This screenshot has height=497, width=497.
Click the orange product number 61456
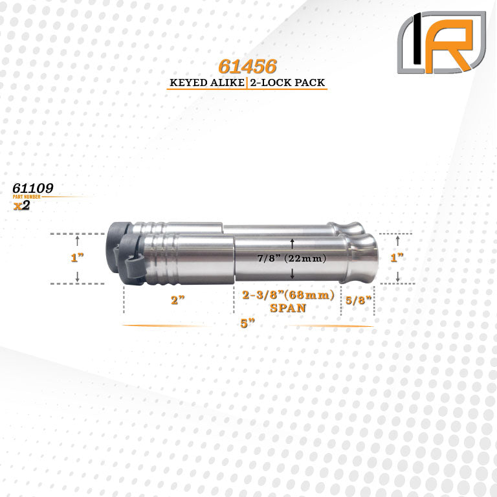(248, 66)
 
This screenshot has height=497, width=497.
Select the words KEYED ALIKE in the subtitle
(207, 83)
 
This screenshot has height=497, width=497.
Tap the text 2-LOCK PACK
(287, 83)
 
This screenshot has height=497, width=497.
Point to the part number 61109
(33, 188)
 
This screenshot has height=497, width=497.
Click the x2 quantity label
(21, 205)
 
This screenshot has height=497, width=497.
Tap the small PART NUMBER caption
(27, 197)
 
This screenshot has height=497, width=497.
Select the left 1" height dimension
(77, 258)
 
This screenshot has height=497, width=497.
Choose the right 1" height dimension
(397, 258)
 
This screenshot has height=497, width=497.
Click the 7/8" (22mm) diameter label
(292, 258)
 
